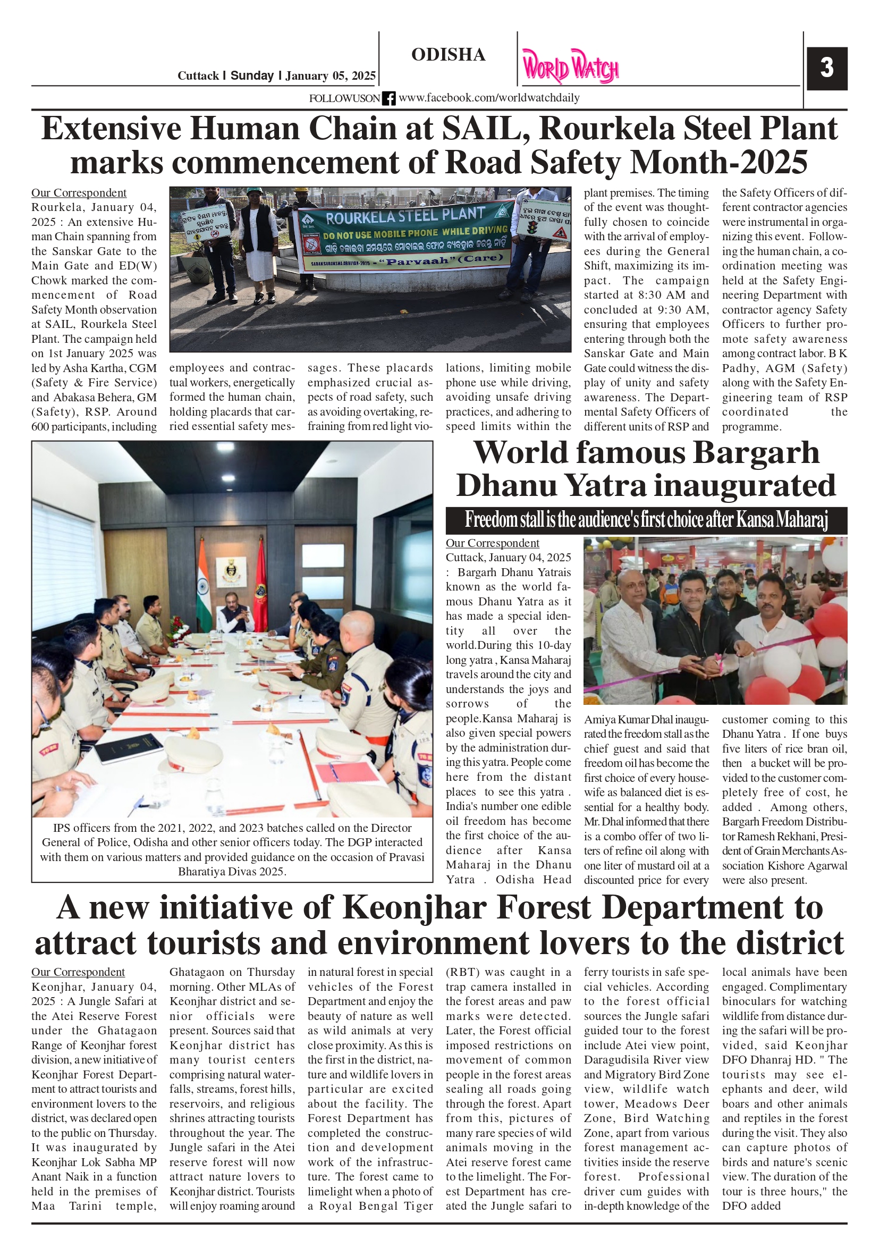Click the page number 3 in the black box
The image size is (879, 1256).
(826, 68)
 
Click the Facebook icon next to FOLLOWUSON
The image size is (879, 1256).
(388, 98)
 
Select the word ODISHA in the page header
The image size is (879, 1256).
(448, 55)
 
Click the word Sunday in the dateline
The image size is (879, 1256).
(251, 75)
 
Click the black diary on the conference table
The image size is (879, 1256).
(129, 748)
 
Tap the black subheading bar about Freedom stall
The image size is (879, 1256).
(646, 520)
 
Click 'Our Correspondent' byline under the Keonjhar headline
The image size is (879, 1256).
(78, 972)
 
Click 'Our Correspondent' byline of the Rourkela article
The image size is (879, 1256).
(78, 192)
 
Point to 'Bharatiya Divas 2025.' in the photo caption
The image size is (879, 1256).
(232, 871)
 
